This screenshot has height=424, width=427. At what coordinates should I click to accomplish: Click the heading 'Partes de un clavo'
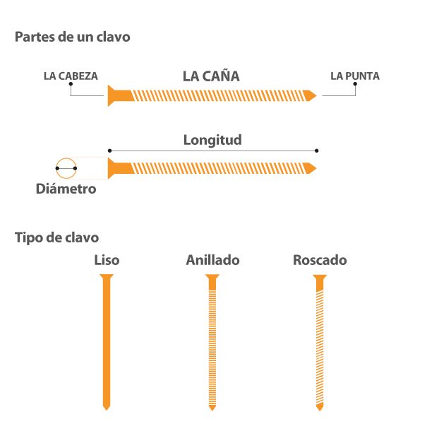pos(72,37)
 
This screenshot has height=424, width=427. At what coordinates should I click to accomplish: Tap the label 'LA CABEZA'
pos(71,76)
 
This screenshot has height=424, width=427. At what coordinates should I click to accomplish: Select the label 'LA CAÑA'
pos(211,76)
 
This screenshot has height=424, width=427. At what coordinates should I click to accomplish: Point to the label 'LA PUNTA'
pos(355,76)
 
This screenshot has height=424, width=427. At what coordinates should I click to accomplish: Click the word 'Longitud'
pos(212,139)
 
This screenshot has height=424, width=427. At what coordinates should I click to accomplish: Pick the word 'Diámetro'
pos(66,189)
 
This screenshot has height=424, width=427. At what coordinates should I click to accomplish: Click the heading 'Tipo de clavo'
pos(56,238)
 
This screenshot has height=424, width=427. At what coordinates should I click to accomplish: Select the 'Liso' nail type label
pos(107,260)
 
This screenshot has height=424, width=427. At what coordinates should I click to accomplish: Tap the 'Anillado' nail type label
pos(212,260)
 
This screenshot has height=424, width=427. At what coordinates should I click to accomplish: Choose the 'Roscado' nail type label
pos(320,260)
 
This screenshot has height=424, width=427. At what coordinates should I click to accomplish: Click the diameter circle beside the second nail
pos(66,168)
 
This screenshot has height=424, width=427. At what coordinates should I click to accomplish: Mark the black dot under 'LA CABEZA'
pos(71,84)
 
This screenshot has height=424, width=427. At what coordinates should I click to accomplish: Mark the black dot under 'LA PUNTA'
pos(355,84)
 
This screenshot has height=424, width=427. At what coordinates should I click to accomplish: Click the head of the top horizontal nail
pos(112,95)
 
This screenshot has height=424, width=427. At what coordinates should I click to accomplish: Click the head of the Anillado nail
pos(212,278)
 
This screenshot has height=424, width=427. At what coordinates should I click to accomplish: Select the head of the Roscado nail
pos(320,278)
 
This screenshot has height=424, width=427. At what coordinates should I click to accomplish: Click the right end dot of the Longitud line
pos(317,150)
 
